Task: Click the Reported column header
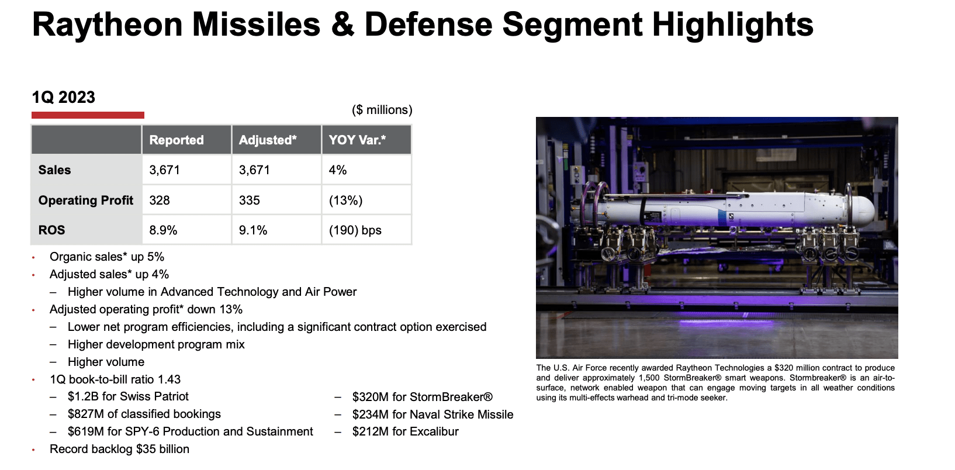[x=177, y=140]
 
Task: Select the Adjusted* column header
[x=268, y=140]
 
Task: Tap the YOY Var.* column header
[x=357, y=140]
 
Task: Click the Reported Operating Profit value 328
[x=160, y=201]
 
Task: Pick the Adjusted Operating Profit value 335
[x=250, y=201]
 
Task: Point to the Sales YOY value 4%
[x=338, y=170]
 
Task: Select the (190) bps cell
[x=355, y=230]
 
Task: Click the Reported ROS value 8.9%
[x=163, y=230]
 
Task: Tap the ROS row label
[x=52, y=230]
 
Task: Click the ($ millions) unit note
[x=382, y=110]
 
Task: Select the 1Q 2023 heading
[x=64, y=98]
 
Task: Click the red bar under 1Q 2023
[x=88, y=115]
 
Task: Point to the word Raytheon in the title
[x=108, y=25]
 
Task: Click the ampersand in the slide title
[x=343, y=25]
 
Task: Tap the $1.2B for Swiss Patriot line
[x=128, y=396]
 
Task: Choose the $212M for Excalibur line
[x=405, y=431]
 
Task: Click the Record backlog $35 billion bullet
[x=119, y=449]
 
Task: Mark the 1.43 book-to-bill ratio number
[x=169, y=379]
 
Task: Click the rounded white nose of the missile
[x=864, y=209]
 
